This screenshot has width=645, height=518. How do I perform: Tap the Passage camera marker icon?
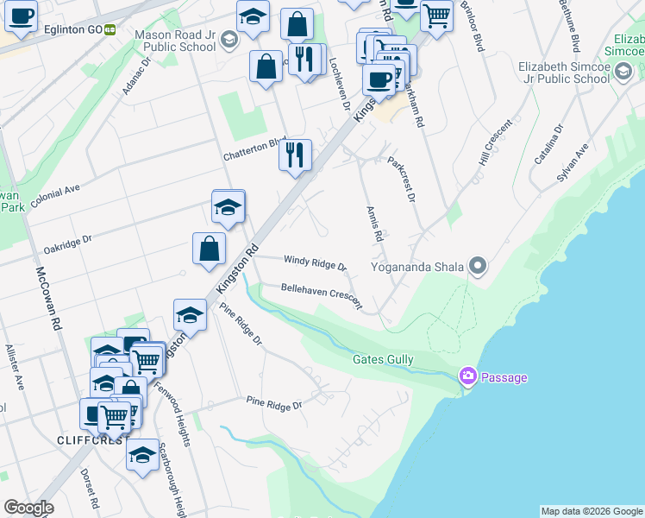point(468,376)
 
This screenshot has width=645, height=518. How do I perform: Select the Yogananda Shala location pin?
point(479,266)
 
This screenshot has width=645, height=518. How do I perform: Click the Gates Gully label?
point(383,359)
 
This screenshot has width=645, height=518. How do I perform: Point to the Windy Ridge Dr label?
point(315,262)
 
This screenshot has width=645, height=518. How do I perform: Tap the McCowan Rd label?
point(47,298)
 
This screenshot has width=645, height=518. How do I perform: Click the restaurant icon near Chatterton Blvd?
point(295,155)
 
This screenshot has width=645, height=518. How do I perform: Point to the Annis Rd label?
point(374,224)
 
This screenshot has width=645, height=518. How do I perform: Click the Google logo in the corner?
point(28,508)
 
